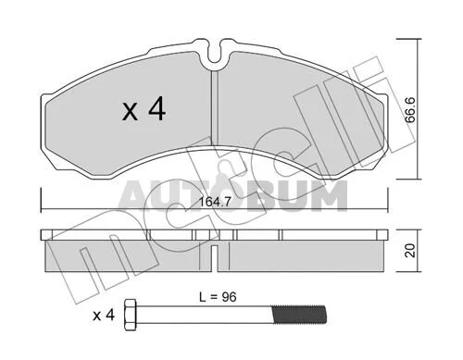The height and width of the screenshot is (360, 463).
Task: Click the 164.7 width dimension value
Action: [x=215, y=202]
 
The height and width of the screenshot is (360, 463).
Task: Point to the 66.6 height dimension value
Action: [x=410, y=110]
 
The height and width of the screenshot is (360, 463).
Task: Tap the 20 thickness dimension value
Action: [x=410, y=250]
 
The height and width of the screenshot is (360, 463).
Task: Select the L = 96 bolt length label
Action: [x=218, y=297]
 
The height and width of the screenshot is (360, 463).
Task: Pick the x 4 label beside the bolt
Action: [x=104, y=316]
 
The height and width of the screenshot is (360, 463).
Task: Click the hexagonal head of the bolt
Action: [x=130, y=315]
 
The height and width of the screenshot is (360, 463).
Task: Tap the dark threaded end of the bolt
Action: [x=298, y=315]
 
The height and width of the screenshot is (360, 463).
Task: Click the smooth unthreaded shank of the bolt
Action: [x=204, y=315]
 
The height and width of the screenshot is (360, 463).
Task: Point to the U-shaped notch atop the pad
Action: [x=215, y=53]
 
